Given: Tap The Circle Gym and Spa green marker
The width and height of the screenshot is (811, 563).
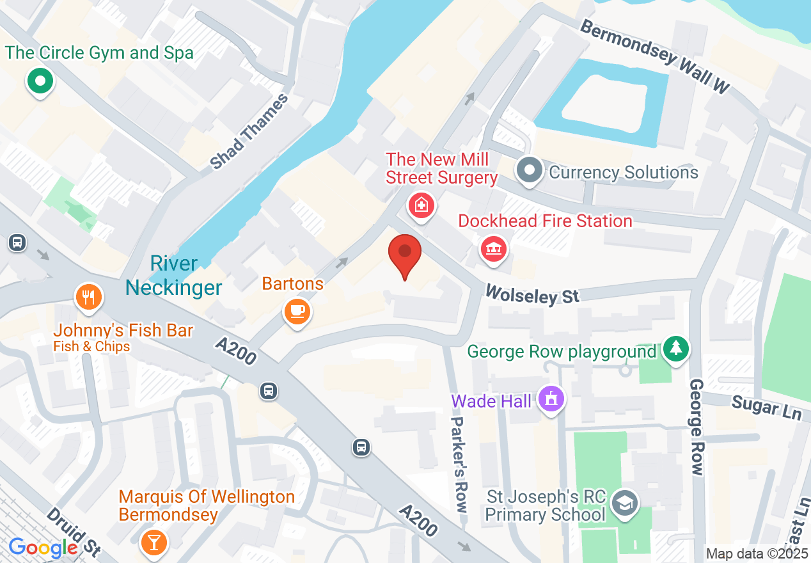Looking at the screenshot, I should point(40,82).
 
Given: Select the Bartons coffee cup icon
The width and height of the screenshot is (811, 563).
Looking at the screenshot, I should point(297,312).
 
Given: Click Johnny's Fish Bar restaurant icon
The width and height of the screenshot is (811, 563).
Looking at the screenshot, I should point(89,297).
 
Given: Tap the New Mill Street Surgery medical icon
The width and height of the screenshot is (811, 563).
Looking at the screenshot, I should point(421,206).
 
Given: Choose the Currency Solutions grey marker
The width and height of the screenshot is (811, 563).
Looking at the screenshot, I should point(530,171).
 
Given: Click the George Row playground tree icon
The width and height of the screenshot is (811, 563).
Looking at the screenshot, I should point(676,349).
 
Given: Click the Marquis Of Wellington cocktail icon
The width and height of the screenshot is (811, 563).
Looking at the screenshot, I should point(154,542).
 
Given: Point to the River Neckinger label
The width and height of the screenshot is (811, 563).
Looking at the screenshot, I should point(173,276).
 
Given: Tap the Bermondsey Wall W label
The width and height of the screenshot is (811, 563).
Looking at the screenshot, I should point(656,57).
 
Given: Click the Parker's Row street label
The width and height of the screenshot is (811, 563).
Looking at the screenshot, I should point(459,464).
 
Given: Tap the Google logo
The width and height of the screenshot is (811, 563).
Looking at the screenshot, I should point(43,548).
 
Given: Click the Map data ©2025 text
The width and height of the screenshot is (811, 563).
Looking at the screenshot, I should point(757,553).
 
